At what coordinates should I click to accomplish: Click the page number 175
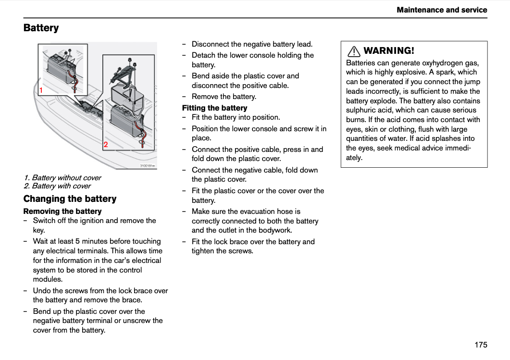coord(481,345)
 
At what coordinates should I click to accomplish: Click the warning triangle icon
coord(354,51)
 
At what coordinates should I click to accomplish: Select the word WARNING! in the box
coord(389,51)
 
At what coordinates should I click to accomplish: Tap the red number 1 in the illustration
coord(41,90)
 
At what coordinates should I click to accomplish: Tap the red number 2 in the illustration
coord(106,145)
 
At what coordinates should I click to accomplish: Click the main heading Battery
coord(41,28)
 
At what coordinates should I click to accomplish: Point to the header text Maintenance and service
coord(442,10)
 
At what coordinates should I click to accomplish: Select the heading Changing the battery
coord(70,199)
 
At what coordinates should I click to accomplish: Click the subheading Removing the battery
coord(62,211)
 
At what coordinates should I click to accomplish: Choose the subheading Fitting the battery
coord(215,108)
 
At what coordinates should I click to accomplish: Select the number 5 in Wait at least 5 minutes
coord(77,241)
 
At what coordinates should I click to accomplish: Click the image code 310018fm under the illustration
coord(148,166)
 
